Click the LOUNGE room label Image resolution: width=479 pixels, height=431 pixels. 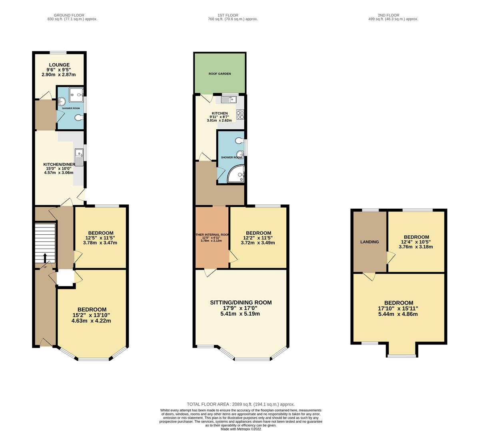(x=59, y=65)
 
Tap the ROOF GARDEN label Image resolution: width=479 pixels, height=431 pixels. (x=220, y=74)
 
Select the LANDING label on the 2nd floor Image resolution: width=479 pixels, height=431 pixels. (x=369, y=242)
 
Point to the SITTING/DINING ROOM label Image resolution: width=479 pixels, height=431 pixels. (x=241, y=302)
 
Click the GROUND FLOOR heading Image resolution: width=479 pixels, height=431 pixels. (x=72, y=15)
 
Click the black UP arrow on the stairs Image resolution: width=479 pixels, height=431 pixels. (x=45, y=257)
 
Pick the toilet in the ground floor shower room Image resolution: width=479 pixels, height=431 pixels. (x=80, y=117)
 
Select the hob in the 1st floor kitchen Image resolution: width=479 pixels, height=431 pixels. (x=240, y=115)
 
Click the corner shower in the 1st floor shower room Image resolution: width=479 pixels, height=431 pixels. (x=236, y=175)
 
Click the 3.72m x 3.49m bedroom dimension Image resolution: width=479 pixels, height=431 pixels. (x=258, y=243)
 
